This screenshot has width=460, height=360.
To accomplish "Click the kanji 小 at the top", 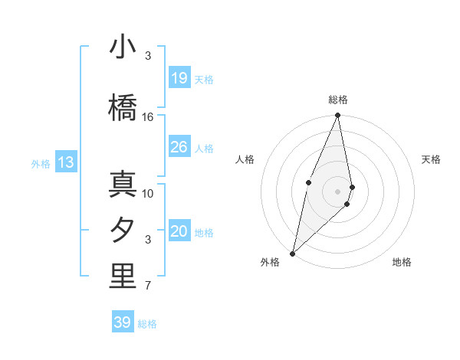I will tap(123, 47).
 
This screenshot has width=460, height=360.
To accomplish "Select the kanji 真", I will tap(123, 185).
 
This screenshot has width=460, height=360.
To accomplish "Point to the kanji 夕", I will tap(123, 231).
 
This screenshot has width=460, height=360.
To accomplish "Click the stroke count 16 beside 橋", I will tap(148, 117).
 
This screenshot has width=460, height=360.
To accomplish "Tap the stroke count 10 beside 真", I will tap(148, 194).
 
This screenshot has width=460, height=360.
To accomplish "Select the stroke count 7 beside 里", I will tap(148, 286).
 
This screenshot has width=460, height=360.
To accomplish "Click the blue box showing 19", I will tap(179, 78).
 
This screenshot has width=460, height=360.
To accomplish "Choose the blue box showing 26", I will tap(179, 147).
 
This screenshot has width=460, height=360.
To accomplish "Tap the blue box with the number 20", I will tap(179, 231).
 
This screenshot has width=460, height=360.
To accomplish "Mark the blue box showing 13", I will tap(65, 162).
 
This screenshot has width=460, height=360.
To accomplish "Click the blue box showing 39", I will tap(122, 322).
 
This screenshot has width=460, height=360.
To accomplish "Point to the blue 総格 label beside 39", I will tap(147, 324).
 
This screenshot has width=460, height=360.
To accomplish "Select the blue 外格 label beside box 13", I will tap(41, 163).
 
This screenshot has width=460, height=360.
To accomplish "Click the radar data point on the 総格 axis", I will tap(337, 115).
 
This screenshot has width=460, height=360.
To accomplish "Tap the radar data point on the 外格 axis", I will tap(292, 253).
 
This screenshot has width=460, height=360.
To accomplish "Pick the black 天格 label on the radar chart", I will tap(431, 159).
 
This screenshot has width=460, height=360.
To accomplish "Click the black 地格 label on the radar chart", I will tap(402, 263).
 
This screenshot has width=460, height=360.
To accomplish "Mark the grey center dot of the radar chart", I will tap(337, 191).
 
